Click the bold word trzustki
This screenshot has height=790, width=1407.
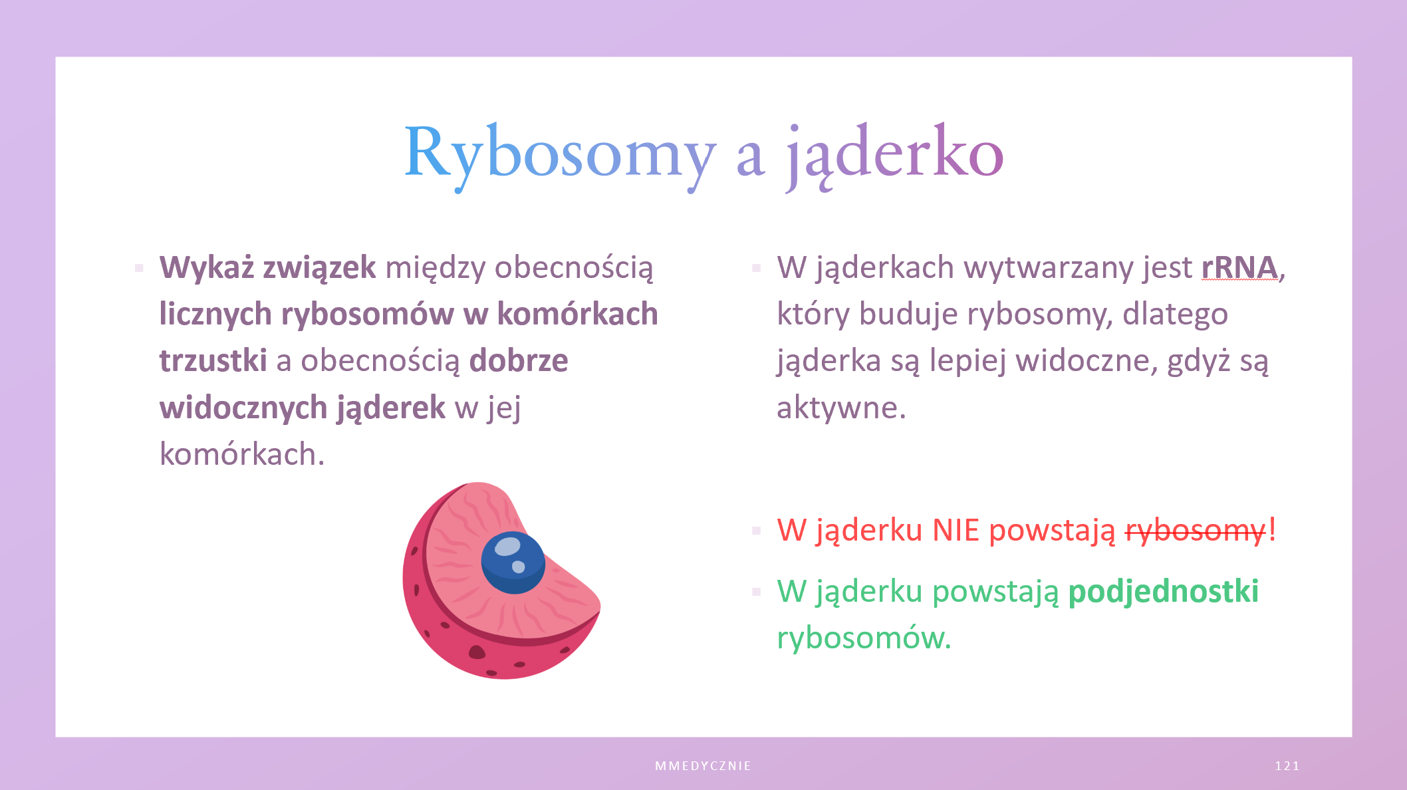213,360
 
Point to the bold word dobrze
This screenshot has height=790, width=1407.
519,360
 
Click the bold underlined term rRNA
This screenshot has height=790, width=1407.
1239,267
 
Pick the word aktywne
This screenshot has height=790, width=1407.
841,408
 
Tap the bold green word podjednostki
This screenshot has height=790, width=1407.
1164,592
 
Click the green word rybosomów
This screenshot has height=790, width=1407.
864,638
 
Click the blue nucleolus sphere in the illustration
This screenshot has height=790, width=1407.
513,563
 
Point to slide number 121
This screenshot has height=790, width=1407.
1287,766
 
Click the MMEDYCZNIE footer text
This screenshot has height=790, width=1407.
703,766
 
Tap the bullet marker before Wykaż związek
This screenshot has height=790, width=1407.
139,268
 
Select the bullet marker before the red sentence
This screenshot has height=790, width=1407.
756,531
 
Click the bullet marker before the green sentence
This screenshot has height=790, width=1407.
756,592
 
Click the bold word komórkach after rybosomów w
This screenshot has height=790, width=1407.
578,314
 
